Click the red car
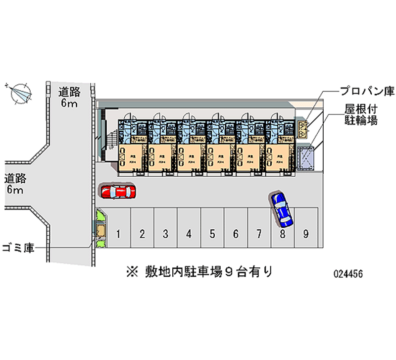click(x=118, y=191)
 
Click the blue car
click(x=282, y=206)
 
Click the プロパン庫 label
click(x=366, y=91)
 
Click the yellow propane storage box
click(x=303, y=130)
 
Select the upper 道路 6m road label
click(x=69, y=97)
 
